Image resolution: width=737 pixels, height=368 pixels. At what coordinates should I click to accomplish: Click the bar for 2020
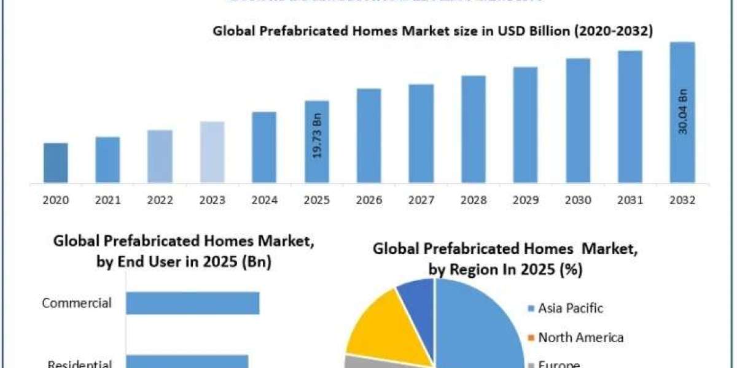click(x=56, y=163)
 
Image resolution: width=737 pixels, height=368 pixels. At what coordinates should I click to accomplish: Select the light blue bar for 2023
click(x=213, y=152)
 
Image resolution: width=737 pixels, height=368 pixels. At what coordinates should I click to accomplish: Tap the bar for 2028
click(x=474, y=129)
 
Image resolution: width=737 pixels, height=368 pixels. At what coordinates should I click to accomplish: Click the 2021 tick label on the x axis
click(x=108, y=201)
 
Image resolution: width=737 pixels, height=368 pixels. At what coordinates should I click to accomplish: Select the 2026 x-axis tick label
click(x=369, y=201)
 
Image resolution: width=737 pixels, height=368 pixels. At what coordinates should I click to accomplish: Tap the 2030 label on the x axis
click(x=578, y=201)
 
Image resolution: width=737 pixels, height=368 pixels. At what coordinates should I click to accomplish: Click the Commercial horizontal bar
click(x=193, y=303)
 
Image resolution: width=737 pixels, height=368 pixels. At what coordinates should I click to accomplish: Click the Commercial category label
click(x=77, y=303)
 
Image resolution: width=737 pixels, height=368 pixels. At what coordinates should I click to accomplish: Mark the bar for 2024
click(x=265, y=147)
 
